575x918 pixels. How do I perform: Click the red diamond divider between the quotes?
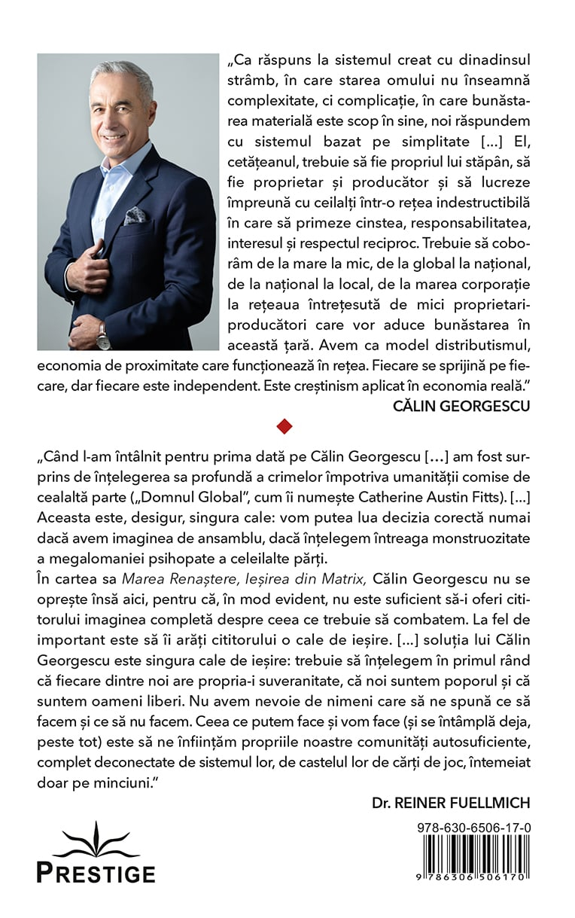284,427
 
